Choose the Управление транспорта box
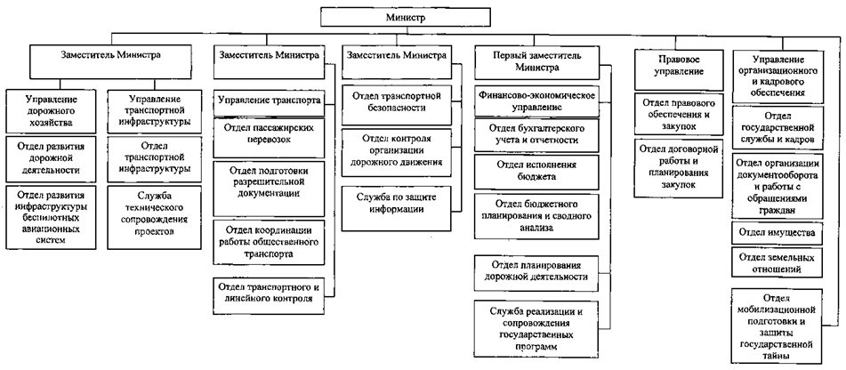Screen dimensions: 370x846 point(270,101)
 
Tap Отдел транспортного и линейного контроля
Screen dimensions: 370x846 point(270,293)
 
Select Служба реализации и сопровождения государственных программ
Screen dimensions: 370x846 point(536,326)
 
